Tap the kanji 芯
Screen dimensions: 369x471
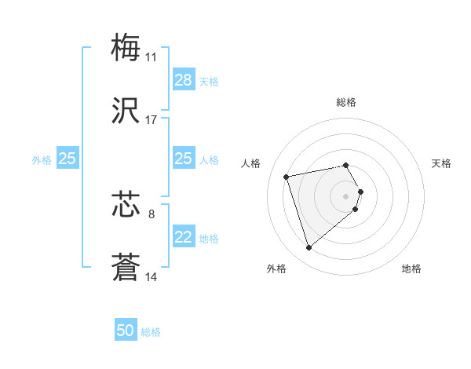coord(126,204)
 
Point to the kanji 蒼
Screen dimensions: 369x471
coord(126,268)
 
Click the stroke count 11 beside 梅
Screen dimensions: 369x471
coord(151,57)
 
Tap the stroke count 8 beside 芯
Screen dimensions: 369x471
coord(152,213)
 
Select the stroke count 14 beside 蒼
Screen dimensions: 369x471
coord(151,276)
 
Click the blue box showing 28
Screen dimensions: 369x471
coord(183,80)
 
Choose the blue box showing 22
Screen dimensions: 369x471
coord(183,238)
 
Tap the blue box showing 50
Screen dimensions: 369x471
coord(126,331)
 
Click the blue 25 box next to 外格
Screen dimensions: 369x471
coord(67,159)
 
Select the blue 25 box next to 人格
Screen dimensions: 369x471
coord(183,159)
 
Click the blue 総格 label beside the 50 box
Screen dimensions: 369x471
coord(151,332)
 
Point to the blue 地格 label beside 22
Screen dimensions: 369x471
coord(209,239)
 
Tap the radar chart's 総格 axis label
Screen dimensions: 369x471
coord(346,102)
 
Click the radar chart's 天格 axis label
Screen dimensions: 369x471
coord(442,163)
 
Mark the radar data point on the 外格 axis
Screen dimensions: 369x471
coord(309,248)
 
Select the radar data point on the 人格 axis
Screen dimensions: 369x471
coord(287,176)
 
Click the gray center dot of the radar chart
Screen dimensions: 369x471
coord(346,195)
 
